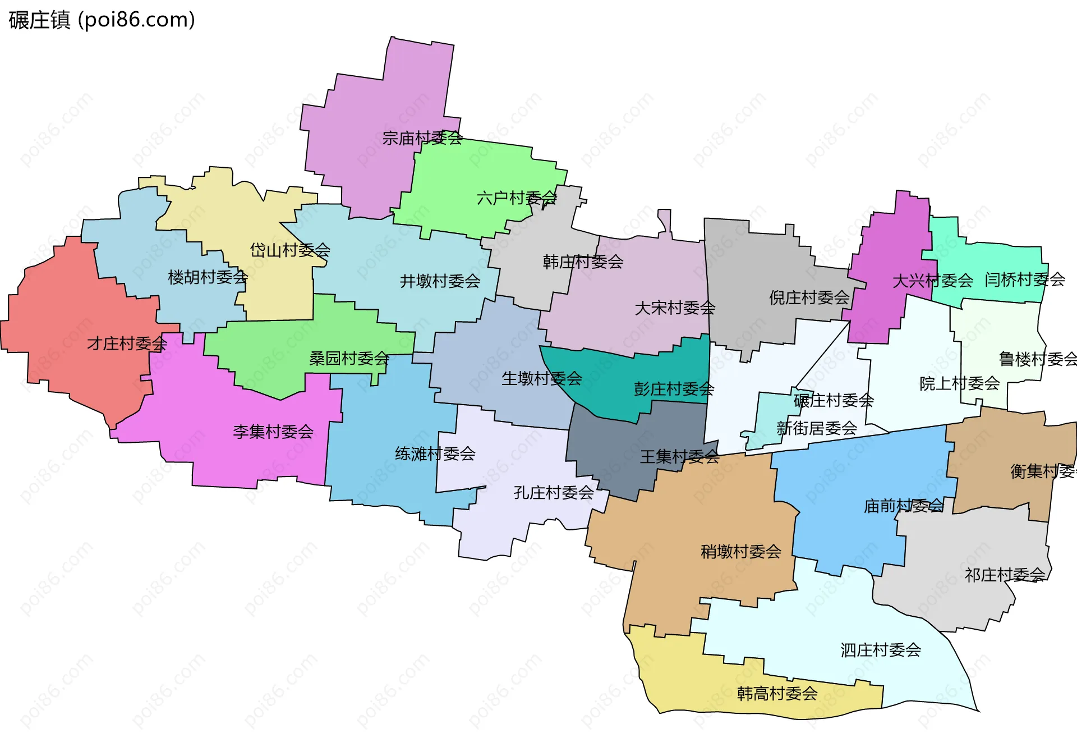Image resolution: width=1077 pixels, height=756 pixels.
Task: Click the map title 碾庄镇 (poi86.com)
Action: [x=102, y=20]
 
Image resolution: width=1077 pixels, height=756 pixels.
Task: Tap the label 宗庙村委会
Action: [x=422, y=138]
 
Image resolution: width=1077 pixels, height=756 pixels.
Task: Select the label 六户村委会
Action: [x=516, y=198]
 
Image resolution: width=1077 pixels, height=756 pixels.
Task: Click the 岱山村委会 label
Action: [x=289, y=250]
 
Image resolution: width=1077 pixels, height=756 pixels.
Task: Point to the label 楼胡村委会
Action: [x=208, y=277]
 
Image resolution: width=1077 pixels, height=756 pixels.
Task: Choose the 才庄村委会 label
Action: [x=127, y=343]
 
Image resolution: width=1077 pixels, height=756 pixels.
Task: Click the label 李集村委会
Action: [x=273, y=432]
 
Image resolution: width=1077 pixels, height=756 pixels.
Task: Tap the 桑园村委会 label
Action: [x=349, y=358]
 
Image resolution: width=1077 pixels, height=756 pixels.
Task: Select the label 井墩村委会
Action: [x=440, y=281]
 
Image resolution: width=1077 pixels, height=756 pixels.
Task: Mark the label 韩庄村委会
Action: [x=583, y=262]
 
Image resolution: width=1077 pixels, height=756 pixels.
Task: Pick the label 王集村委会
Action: [x=679, y=457]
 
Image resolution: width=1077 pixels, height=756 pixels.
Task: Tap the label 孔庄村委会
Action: [x=553, y=493]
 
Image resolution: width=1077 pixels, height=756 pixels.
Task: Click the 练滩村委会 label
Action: [x=435, y=453]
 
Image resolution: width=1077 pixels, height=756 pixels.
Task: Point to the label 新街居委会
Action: [x=816, y=428]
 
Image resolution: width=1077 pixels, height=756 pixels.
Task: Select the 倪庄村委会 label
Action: [x=809, y=297]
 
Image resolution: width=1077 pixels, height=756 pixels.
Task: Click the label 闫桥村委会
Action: [x=1024, y=279]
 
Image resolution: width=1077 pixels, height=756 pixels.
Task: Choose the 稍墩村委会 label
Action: [x=740, y=552]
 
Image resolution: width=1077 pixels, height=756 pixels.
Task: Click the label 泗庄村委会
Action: [x=880, y=650]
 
